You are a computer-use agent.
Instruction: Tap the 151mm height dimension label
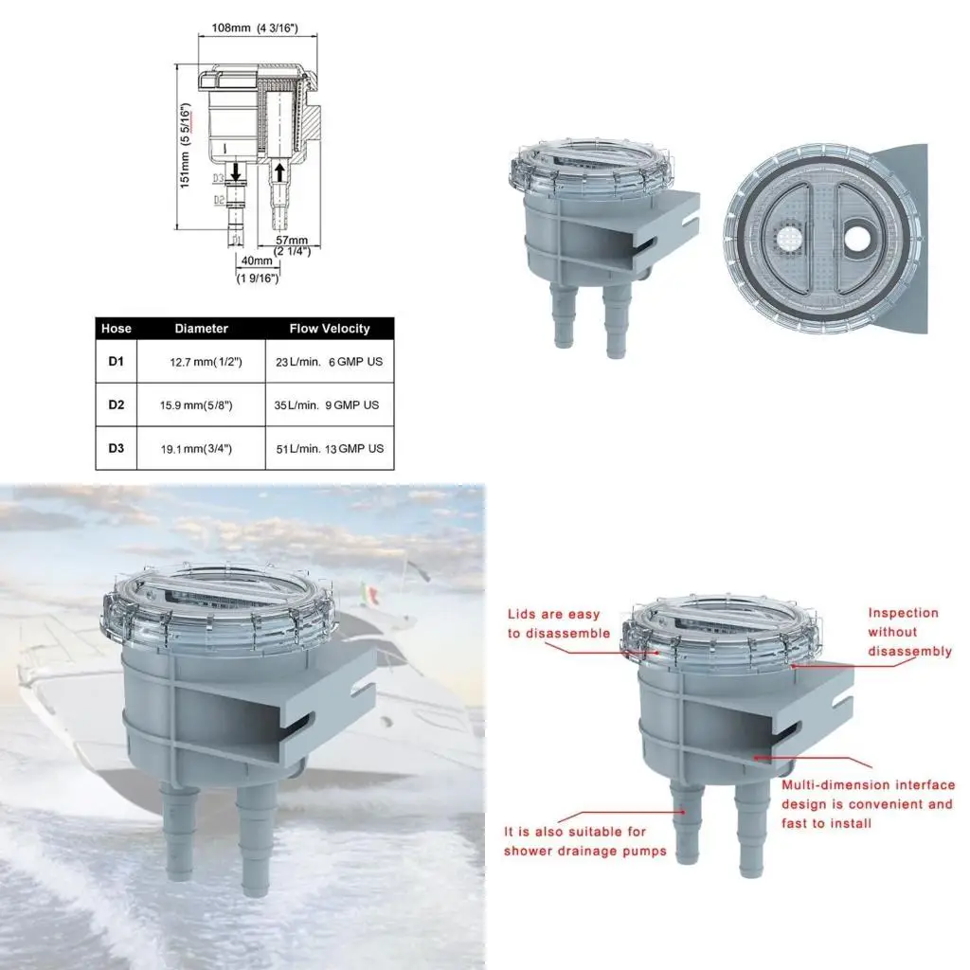pos(187,146)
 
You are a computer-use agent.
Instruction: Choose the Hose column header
pos(117,329)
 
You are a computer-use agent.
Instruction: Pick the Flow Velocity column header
pos(330,329)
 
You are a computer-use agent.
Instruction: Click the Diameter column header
pos(202,329)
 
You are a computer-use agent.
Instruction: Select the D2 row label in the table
pos(117,404)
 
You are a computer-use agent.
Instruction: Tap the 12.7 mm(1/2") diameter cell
pos(207,362)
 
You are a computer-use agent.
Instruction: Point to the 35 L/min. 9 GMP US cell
pos(328,405)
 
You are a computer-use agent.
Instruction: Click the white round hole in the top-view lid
pos(856,238)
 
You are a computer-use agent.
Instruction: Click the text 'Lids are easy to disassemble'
pos(558,624)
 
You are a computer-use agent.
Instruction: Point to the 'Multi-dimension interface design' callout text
pos(867,803)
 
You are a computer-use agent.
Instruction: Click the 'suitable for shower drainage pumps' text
pos(584,841)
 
